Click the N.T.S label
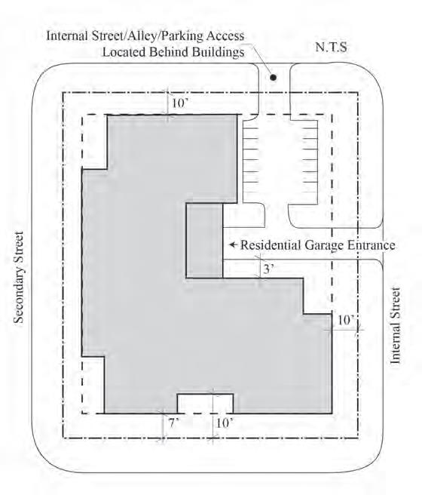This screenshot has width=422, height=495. click(331, 47)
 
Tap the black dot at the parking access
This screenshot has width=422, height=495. click(274, 77)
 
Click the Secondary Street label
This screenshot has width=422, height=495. click(19, 278)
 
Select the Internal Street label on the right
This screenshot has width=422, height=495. click(395, 325)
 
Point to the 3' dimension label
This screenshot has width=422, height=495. click(268, 269)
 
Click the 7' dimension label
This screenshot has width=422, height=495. click(173, 423)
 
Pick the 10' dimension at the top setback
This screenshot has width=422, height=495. click(179, 103)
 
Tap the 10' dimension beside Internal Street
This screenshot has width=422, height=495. click(346, 320)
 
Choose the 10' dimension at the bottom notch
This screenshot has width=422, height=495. click(224, 423)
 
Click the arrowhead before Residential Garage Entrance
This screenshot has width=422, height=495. click(232, 244)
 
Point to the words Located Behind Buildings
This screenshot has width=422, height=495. click(173, 52)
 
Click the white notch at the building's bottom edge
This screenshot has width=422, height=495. click(205, 404)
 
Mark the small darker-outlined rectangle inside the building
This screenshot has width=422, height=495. click(204, 241)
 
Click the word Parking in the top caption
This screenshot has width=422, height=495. click(181, 36)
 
